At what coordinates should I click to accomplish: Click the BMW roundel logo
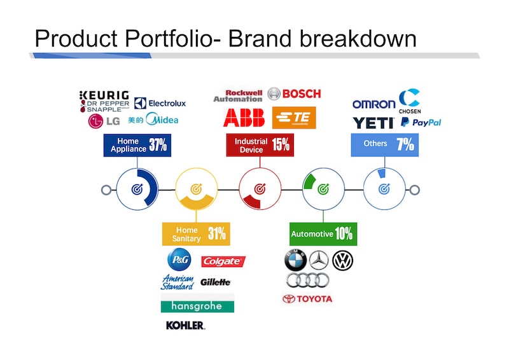pyautogui.click(x=295, y=260)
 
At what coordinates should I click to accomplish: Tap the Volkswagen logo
pyautogui.click(x=342, y=260)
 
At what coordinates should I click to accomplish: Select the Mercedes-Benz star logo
pyautogui.click(x=319, y=260)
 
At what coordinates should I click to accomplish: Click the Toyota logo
pyautogui.click(x=307, y=299)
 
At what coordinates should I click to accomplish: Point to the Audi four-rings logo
pyautogui.click(x=307, y=280)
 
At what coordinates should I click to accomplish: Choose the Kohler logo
pyautogui.click(x=185, y=325)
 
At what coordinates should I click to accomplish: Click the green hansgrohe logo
pyautogui.click(x=197, y=306)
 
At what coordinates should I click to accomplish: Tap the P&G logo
pyautogui.click(x=179, y=260)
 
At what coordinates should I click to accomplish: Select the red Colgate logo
pyautogui.click(x=223, y=261)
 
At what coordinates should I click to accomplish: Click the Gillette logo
pyautogui.click(x=215, y=282)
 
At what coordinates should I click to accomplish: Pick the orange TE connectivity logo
pyautogui.click(x=294, y=118)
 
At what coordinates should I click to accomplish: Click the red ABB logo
pyautogui.click(x=244, y=118)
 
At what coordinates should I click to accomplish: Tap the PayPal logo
pyautogui.click(x=421, y=122)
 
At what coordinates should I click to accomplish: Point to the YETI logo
pyautogui.click(x=373, y=123)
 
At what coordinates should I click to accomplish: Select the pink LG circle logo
pyautogui.click(x=95, y=121)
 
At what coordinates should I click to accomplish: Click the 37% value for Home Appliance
pyautogui.click(x=158, y=145)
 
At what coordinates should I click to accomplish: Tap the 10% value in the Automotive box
pyautogui.click(x=344, y=233)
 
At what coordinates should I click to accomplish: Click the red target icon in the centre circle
pyautogui.click(x=260, y=189)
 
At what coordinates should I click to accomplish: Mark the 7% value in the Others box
pyautogui.click(x=405, y=144)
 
